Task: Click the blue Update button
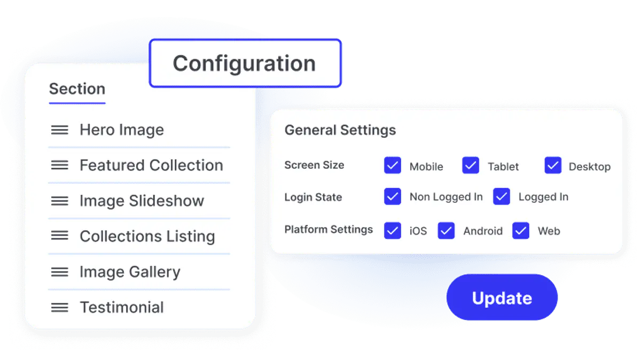tap(502, 298)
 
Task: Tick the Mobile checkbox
tap(392, 165)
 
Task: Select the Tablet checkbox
tap(471, 165)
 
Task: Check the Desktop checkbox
tap(553, 165)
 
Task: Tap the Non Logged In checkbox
tap(392, 197)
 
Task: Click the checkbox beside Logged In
tap(502, 197)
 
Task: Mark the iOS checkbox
tap(392, 230)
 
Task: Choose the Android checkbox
tap(446, 230)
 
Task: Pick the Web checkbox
tap(521, 230)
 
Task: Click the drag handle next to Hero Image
tap(59, 130)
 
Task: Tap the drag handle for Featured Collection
tap(59, 165)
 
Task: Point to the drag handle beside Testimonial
tap(59, 308)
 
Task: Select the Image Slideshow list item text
tap(142, 201)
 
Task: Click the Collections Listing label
tap(147, 237)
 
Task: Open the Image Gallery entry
tap(130, 272)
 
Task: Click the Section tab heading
tap(77, 89)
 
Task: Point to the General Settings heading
tap(340, 130)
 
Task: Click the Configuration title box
tap(245, 63)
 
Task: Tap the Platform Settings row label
tap(329, 229)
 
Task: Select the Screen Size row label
tap(314, 165)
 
